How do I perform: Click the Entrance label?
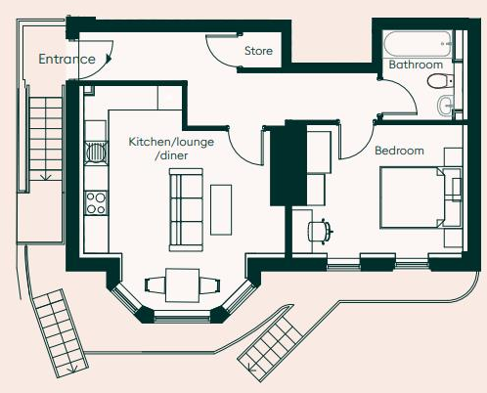point(66,60)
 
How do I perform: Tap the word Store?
point(258,51)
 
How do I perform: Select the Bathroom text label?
point(417,65)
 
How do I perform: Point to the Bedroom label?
point(399,151)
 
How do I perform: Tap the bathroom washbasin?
point(446,105)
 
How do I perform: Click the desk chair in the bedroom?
point(319,231)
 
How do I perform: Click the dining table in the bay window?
point(180,285)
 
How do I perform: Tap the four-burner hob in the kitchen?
point(96,202)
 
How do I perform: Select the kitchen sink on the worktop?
point(96,153)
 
